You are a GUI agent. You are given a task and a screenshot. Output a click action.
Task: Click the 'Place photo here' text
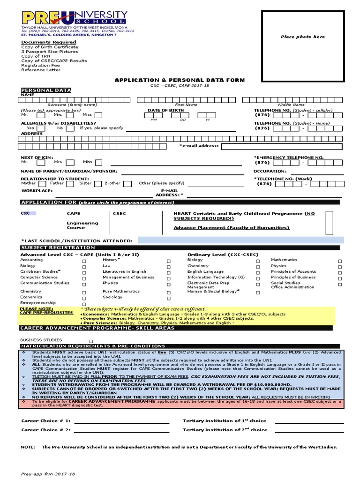[x=302, y=37]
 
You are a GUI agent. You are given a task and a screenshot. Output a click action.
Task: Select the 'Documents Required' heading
[x=48, y=42]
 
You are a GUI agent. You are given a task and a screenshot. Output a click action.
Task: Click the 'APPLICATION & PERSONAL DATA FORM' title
[x=180, y=80]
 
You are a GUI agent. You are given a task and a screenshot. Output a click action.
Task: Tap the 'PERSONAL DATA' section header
[x=46, y=90]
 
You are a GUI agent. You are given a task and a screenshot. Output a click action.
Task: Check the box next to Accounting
[x=84, y=261]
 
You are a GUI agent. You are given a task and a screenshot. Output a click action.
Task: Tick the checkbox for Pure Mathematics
[x=168, y=292]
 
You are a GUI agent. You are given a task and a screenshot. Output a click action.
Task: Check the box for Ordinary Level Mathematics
[x=340, y=261]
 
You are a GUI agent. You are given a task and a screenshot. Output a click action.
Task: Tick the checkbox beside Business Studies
[x=91, y=341]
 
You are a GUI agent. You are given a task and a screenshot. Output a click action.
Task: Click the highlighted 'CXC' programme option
[x=25, y=213]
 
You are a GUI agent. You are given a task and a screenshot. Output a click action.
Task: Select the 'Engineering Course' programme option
[x=82, y=225]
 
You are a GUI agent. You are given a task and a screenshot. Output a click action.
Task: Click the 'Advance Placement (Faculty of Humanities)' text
[x=231, y=228]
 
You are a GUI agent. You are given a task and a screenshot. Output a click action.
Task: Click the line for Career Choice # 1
[x=121, y=421]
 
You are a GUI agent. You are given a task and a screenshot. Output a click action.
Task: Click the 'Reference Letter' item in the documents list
[x=40, y=70]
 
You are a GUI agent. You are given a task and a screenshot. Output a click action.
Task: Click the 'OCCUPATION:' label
[x=270, y=172]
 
